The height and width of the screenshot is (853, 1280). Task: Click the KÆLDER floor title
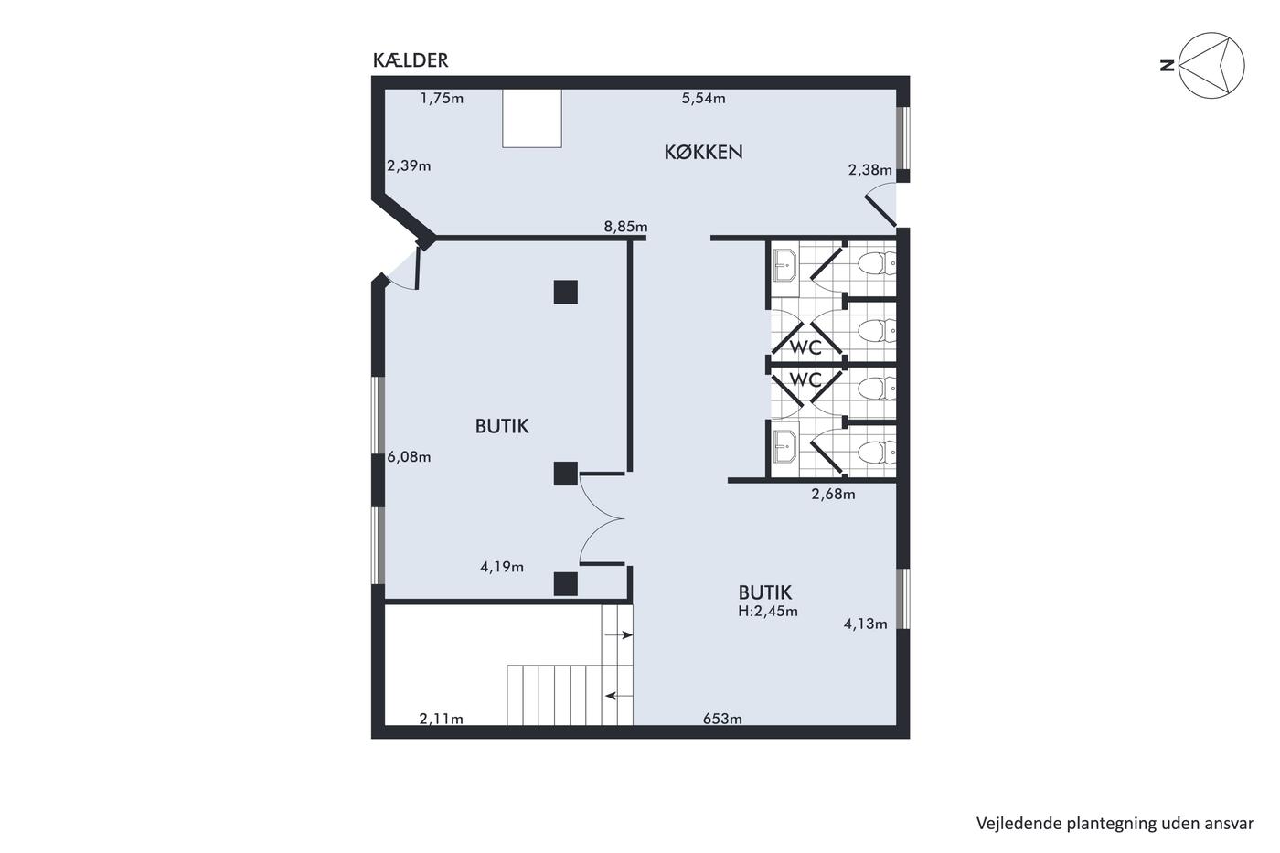[411, 60]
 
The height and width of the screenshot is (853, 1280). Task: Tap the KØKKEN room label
[703, 152]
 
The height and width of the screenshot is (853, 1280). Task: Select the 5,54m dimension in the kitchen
[703, 98]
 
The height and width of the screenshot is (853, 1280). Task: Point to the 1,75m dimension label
[442, 98]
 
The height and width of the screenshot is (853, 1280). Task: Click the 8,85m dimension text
[625, 227]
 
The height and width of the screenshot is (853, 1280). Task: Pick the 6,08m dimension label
[409, 457]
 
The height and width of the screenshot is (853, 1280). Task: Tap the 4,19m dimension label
[502, 567]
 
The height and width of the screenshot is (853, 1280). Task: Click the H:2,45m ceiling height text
[767, 611]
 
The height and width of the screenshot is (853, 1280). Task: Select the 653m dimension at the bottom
[722, 719]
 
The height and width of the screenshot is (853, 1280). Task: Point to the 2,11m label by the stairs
[441, 719]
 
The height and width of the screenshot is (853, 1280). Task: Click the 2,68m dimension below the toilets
[833, 495]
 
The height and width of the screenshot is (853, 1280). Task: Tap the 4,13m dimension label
[865, 624]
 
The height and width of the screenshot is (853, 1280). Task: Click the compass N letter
[1167, 66]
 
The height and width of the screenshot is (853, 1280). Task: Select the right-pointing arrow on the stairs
[618, 634]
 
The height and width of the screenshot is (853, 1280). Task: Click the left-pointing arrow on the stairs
[619, 696]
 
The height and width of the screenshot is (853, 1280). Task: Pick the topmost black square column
[565, 292]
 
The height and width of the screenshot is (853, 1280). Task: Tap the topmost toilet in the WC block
[877, 263]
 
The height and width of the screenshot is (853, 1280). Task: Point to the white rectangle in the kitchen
[532, 118]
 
